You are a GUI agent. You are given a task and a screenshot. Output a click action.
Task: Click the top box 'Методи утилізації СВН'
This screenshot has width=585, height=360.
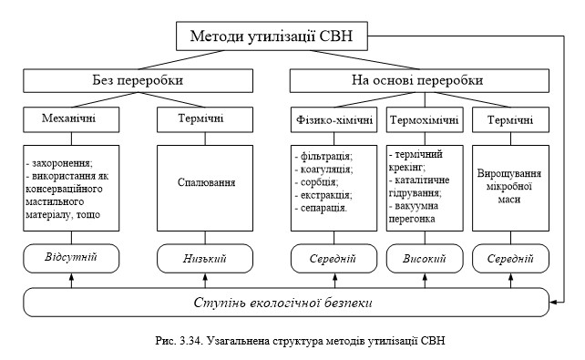pyautogui.click(x=278, y=36)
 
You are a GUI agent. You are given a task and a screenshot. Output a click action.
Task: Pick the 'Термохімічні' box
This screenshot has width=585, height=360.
pyautogui.click(x=423, y=119)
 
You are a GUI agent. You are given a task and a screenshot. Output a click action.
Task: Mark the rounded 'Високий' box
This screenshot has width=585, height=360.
pyautogui.click(x=423, y=259)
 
